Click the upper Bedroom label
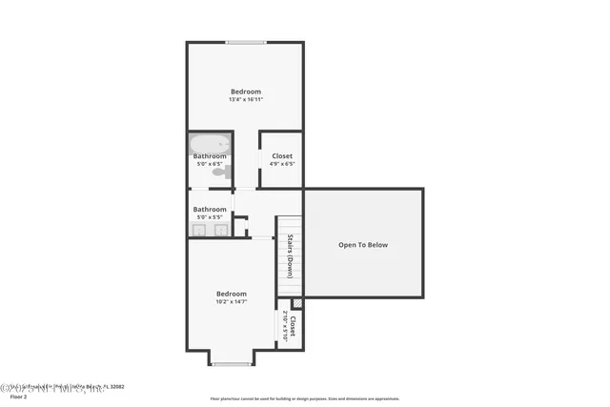(x=245, y=92)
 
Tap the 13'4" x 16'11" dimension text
(x=245, y=99)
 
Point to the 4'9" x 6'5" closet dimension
(x=282, y=164)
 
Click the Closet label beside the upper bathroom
(x=282, y=155)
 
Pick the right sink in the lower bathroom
(x=221, y=230)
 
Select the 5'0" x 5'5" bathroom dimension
(x=210, y=217)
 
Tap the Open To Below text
(x=363, y=245)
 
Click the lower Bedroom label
(x=231, y=294)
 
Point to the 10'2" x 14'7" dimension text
(x=231, y=302)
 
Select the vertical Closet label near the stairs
(x=293, y=327)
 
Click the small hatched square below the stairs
(x=296, y=304)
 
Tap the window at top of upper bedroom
(x=245, y=42)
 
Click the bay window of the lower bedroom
(x=231, y=364)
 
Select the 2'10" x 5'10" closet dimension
(x=284, y=327)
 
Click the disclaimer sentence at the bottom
(x=305, y=398)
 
